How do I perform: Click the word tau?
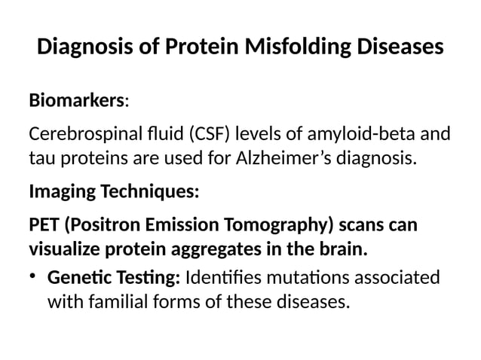41,160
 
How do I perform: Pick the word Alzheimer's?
286,160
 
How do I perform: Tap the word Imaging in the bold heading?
59,192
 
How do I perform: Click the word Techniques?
148,192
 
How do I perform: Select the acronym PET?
44,226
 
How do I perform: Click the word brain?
343,248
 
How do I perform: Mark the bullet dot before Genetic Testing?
34,279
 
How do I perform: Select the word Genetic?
76,279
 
